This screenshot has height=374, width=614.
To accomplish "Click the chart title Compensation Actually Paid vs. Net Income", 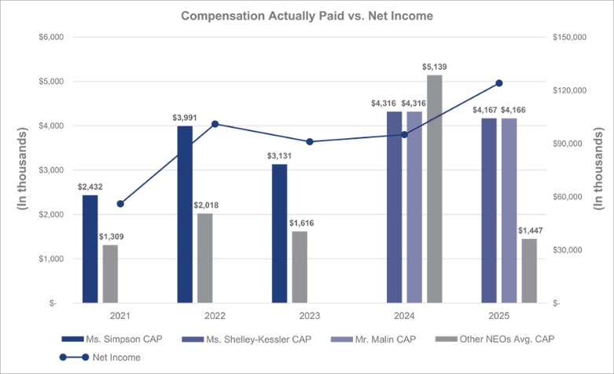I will click(307, 16).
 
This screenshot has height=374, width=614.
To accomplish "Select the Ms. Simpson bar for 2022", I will click(185, 214).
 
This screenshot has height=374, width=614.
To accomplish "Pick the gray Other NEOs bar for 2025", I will click(528, 270).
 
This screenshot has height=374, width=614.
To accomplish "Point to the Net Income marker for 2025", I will click(498, 83).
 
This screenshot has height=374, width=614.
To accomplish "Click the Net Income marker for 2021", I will click(120, 203).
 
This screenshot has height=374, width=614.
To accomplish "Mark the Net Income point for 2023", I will click(310, 141).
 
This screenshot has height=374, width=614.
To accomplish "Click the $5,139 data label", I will click(434, 68).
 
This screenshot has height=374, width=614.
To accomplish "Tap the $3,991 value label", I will click(185, 118).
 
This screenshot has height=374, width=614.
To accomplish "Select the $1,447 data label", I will click(528, 231).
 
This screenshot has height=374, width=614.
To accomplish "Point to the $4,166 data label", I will click(509, 111).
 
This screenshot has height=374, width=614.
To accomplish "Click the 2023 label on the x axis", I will click(310, 316).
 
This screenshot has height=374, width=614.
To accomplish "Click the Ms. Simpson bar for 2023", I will click(279, 233).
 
